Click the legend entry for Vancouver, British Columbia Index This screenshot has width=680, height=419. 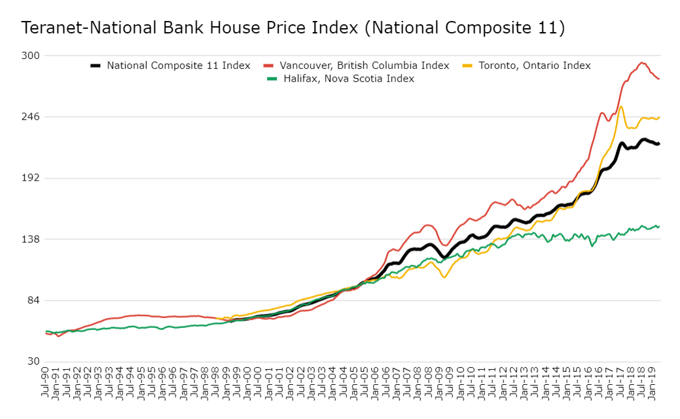364,65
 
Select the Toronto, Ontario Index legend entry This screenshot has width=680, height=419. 534,65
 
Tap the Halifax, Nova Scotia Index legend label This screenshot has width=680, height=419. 348,79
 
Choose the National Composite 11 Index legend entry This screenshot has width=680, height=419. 178,65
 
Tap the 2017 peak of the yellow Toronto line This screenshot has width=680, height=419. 620,107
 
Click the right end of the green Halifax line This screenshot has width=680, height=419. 658,227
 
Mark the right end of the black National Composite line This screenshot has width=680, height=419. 658,143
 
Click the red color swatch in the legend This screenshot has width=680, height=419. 268,65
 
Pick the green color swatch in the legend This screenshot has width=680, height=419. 272,79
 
